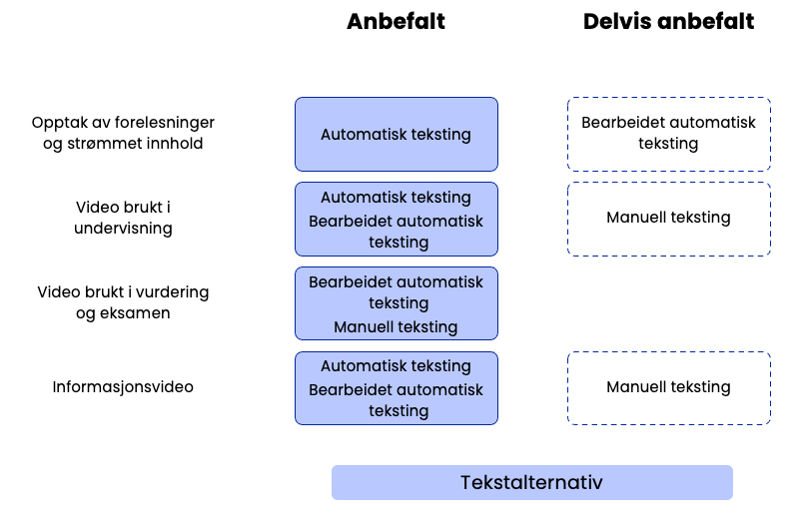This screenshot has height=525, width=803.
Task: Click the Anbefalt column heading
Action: pos(396,22)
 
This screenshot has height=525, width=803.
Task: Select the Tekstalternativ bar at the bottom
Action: pos(531,483)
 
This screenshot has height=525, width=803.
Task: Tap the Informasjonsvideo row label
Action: pos(123,386)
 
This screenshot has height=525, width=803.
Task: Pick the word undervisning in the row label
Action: pos(123,229)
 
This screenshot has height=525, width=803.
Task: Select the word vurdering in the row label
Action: pos(173,291)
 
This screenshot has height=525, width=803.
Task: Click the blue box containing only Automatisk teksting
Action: pos(396,134)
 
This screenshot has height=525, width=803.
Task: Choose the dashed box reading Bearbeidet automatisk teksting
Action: pos(668,134)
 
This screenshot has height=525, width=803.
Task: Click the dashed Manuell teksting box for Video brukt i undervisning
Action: pos(668,218)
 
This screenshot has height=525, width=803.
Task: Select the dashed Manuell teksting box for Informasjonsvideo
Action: pos(668,387)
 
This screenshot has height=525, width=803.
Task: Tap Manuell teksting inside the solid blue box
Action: pos(396,327)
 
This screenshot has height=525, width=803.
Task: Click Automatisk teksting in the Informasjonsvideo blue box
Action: pos(396,366)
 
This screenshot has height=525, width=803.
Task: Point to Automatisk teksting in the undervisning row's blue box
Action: pos(396,198)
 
